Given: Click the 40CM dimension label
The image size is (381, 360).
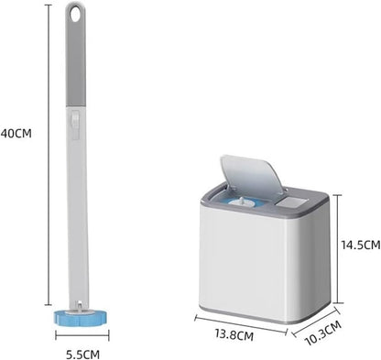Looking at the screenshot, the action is [x=16, y=134].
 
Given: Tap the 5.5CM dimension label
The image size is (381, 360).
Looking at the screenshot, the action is [x=82, y=355].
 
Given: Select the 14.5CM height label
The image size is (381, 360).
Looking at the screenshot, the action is [x=361, y=245].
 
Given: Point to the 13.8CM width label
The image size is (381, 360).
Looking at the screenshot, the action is [x=234, y=335].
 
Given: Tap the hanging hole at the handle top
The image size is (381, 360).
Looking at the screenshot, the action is [x=75, y=14].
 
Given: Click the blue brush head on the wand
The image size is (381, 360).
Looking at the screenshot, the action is [x=82, y=318].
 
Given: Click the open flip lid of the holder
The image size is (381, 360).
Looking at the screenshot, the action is [x=253, y=175].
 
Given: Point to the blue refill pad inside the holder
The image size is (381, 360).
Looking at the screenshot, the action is [x=243, y=202].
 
